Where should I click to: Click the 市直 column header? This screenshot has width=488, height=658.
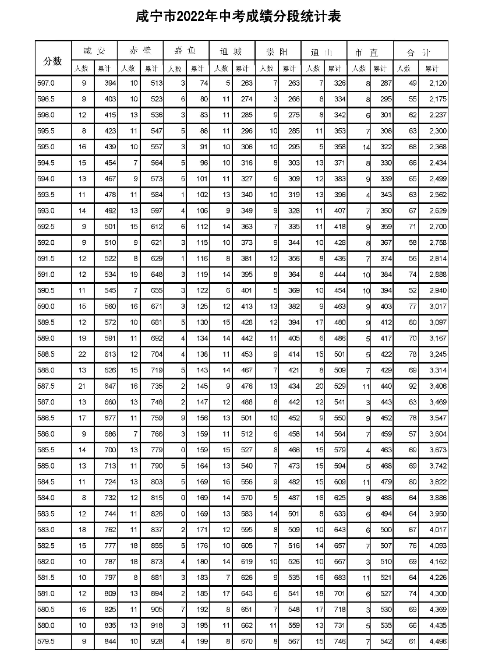(369, 52)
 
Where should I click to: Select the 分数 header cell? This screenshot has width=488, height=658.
(52, 60)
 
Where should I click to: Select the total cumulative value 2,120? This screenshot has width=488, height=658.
(436, 84)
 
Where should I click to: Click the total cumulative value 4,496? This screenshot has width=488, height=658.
(436, 642)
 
